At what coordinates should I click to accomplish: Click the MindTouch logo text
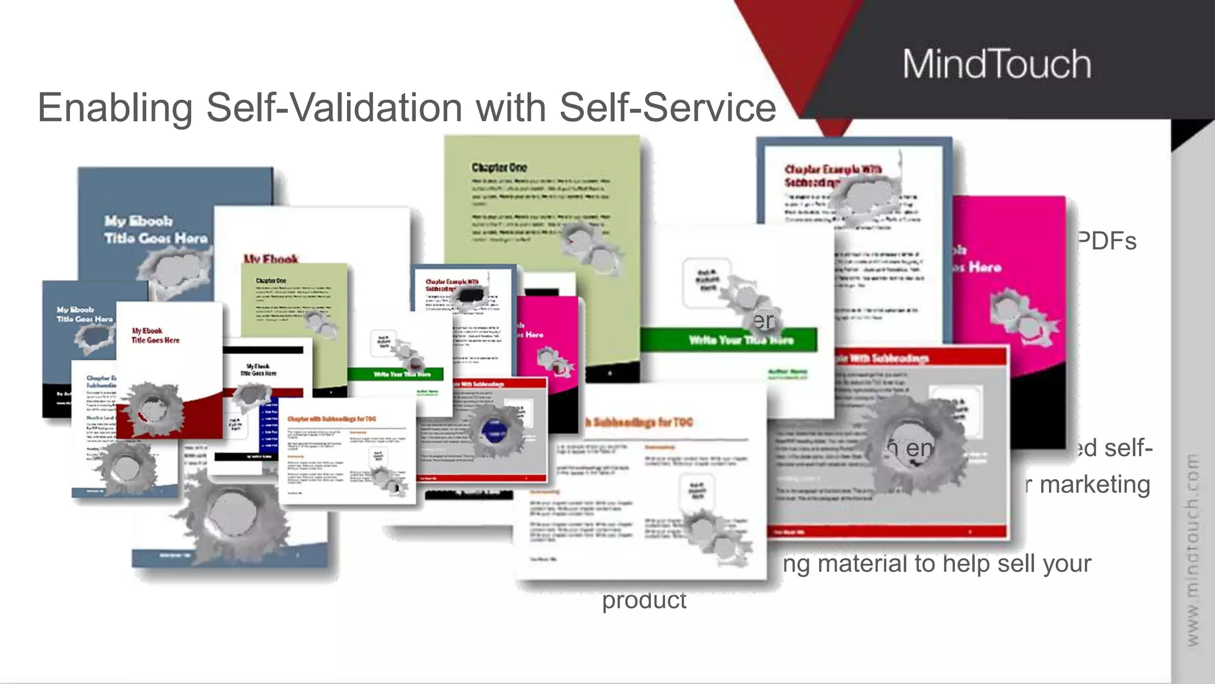[x=997, y=64]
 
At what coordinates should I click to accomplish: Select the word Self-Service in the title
[x=667, y=108]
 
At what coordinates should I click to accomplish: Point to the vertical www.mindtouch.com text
[x=1192, y=549]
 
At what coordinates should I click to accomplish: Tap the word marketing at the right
[x=1095, y=484]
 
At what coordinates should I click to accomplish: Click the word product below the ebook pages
[x=644, y=600]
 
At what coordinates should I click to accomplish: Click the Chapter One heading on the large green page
[x=499, y=167]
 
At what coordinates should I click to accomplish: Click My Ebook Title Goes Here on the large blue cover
[x=155, y=230]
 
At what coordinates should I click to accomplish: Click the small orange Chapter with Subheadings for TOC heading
[x=332, y=419]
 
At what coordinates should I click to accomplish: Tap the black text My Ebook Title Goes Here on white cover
[x=155, y=335]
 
